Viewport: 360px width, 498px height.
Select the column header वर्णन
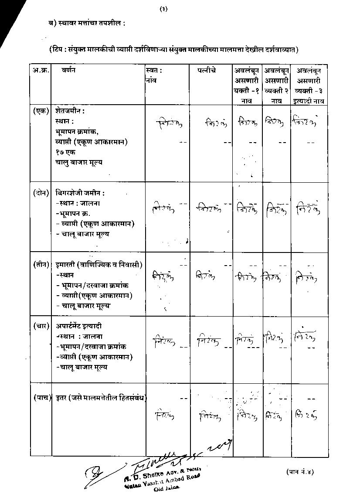[68, 71]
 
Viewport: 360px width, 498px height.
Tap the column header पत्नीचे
[205, 71]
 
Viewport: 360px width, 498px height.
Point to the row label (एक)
[41, 111]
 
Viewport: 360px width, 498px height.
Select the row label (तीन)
[41, 265]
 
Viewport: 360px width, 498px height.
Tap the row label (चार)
[41, 326]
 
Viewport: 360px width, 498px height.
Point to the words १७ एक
[65, 152]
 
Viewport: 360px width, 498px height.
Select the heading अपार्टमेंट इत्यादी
[79, 326]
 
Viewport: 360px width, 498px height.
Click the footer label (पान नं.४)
[300, 471]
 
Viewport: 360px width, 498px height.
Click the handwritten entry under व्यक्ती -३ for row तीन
[306, 276]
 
